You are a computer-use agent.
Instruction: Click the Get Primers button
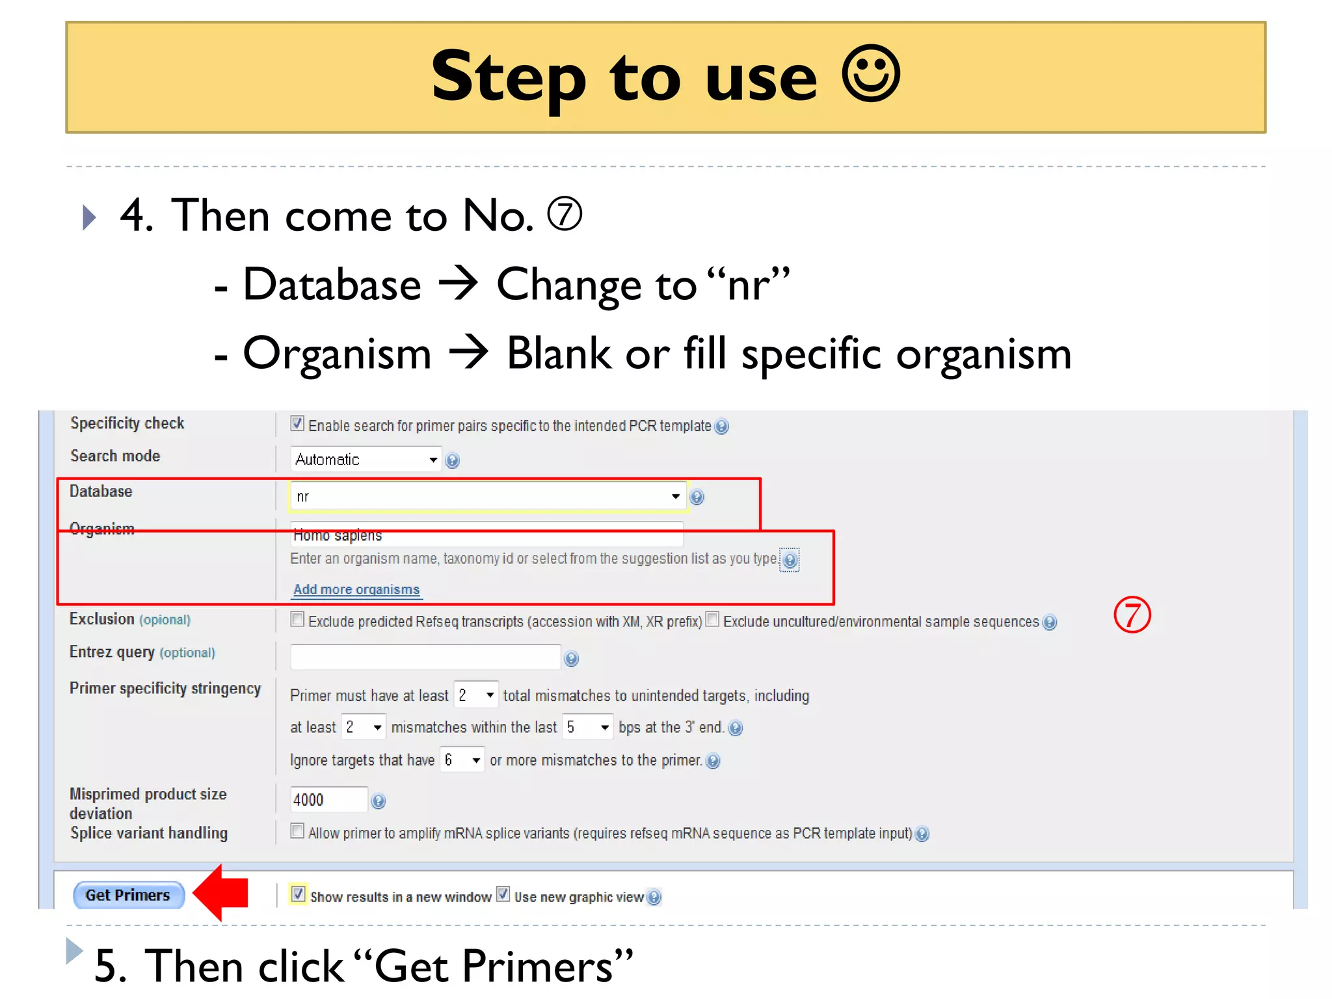pos(128,895)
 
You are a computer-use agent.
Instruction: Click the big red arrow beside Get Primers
pos(223,892)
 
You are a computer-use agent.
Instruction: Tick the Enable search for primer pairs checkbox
pos(297,423)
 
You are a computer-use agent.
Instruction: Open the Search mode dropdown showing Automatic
pos(366,459)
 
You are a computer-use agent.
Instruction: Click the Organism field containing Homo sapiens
pos(486,535)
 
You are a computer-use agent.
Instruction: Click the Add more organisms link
pos(356,589)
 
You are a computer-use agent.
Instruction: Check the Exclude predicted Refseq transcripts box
pos(297,619)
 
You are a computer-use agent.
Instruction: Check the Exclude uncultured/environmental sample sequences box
pos(713,619)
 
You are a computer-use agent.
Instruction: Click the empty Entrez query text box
pos(425,657)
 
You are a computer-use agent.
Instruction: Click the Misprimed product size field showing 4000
pos(328,799)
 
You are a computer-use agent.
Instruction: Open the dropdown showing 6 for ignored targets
pos(462,760)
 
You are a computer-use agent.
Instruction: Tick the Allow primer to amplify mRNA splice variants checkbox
pos(297,831)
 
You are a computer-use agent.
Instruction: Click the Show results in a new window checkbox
pos(298,894)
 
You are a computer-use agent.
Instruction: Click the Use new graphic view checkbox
pos(503,894)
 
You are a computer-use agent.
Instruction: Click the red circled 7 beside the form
pos(1132,615)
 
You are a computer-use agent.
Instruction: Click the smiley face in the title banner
pos(870,73)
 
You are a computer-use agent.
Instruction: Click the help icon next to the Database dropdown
pos(697,497)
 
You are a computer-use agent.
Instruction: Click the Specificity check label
pos(127,423)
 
